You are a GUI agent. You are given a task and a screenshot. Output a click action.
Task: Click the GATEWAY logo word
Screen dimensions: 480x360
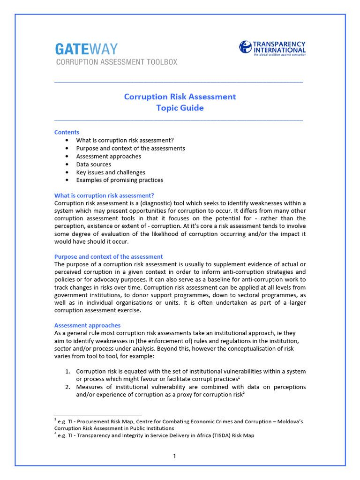tap(86, 49)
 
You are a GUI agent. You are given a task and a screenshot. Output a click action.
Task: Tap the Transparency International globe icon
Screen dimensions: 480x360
tap(246, 47)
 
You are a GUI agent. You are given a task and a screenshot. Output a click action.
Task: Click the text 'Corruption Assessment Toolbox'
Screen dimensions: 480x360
tap(117, 62)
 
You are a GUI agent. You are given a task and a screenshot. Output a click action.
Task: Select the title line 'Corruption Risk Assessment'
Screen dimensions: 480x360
tap(180, 97)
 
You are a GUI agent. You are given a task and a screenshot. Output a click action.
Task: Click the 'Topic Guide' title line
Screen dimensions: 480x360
tap(180, 108)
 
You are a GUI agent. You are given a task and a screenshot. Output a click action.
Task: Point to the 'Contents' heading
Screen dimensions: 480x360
tap(67, 132)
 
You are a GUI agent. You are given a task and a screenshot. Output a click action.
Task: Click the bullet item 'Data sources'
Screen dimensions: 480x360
tap(94, 164)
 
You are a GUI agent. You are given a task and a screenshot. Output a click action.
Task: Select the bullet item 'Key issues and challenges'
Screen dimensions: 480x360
tap(111, 172)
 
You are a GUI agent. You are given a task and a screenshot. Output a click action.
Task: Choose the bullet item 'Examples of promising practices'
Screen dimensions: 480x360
tap(120, 180)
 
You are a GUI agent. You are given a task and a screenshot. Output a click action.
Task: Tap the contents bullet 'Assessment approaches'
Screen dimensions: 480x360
tap(108, 156)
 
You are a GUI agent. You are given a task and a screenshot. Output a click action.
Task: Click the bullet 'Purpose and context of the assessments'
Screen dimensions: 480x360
tap(130, 148)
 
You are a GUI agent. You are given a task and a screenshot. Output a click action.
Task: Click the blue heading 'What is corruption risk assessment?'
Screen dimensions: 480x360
tap(104, 195)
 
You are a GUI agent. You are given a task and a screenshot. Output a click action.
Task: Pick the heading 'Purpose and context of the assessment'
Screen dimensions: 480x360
tap(109, 256)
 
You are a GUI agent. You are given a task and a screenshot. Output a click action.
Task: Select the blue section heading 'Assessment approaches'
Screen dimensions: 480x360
tap(87, 325)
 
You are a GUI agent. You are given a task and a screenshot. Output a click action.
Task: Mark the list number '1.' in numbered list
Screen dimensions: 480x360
tap(67, 372)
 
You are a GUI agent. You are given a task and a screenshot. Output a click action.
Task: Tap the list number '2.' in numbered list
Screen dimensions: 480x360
tap(67, 387)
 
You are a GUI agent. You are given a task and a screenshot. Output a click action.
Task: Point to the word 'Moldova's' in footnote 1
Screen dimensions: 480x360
tap(288, 421)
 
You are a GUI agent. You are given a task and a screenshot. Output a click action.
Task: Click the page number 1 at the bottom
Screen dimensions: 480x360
tap(174, 456)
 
